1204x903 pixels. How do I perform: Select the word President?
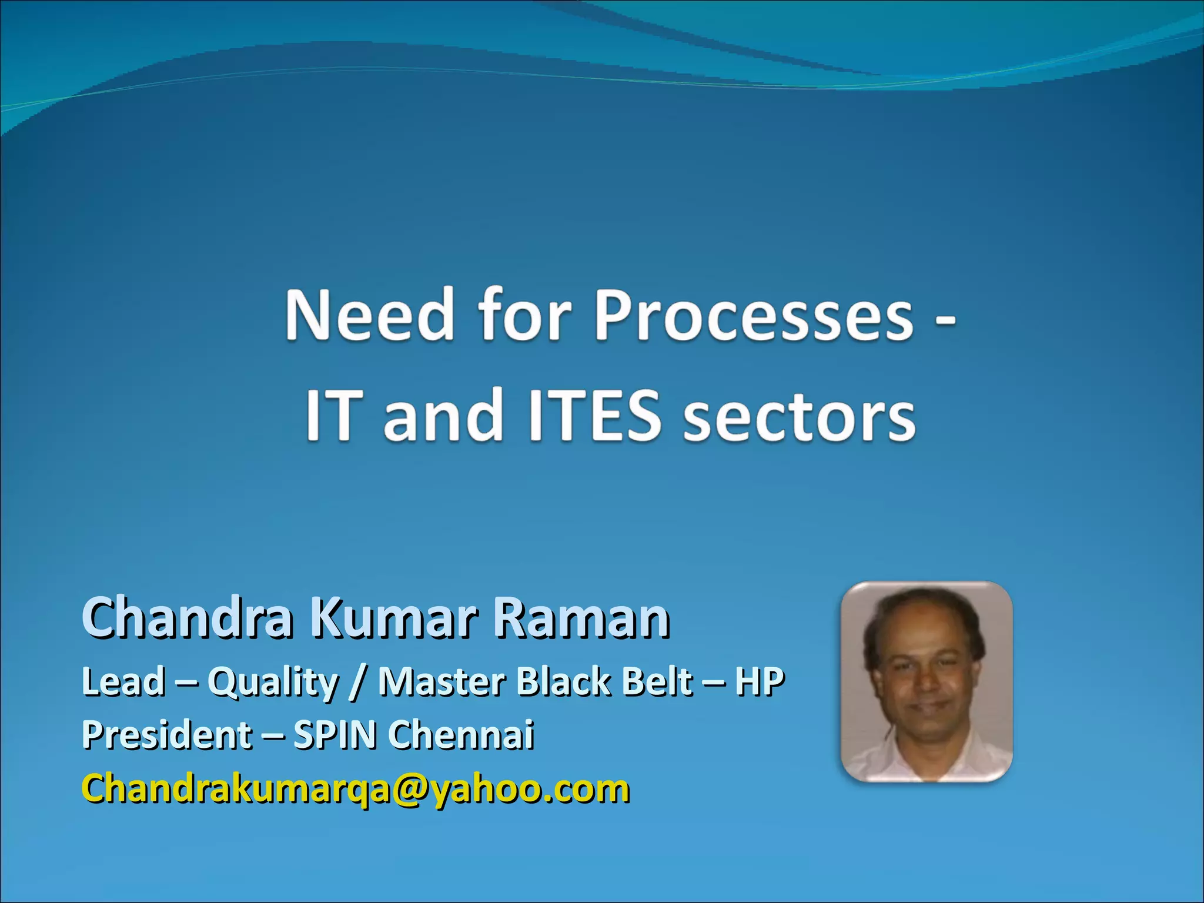coord(167,735)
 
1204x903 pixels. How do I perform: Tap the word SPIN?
coord(335,735)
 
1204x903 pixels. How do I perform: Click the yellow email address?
coord(356,789)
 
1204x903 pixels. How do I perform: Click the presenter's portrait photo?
coord(927,682)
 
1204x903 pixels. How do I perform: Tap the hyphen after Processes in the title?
coord(945,322)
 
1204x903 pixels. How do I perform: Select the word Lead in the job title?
coord(123,682)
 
